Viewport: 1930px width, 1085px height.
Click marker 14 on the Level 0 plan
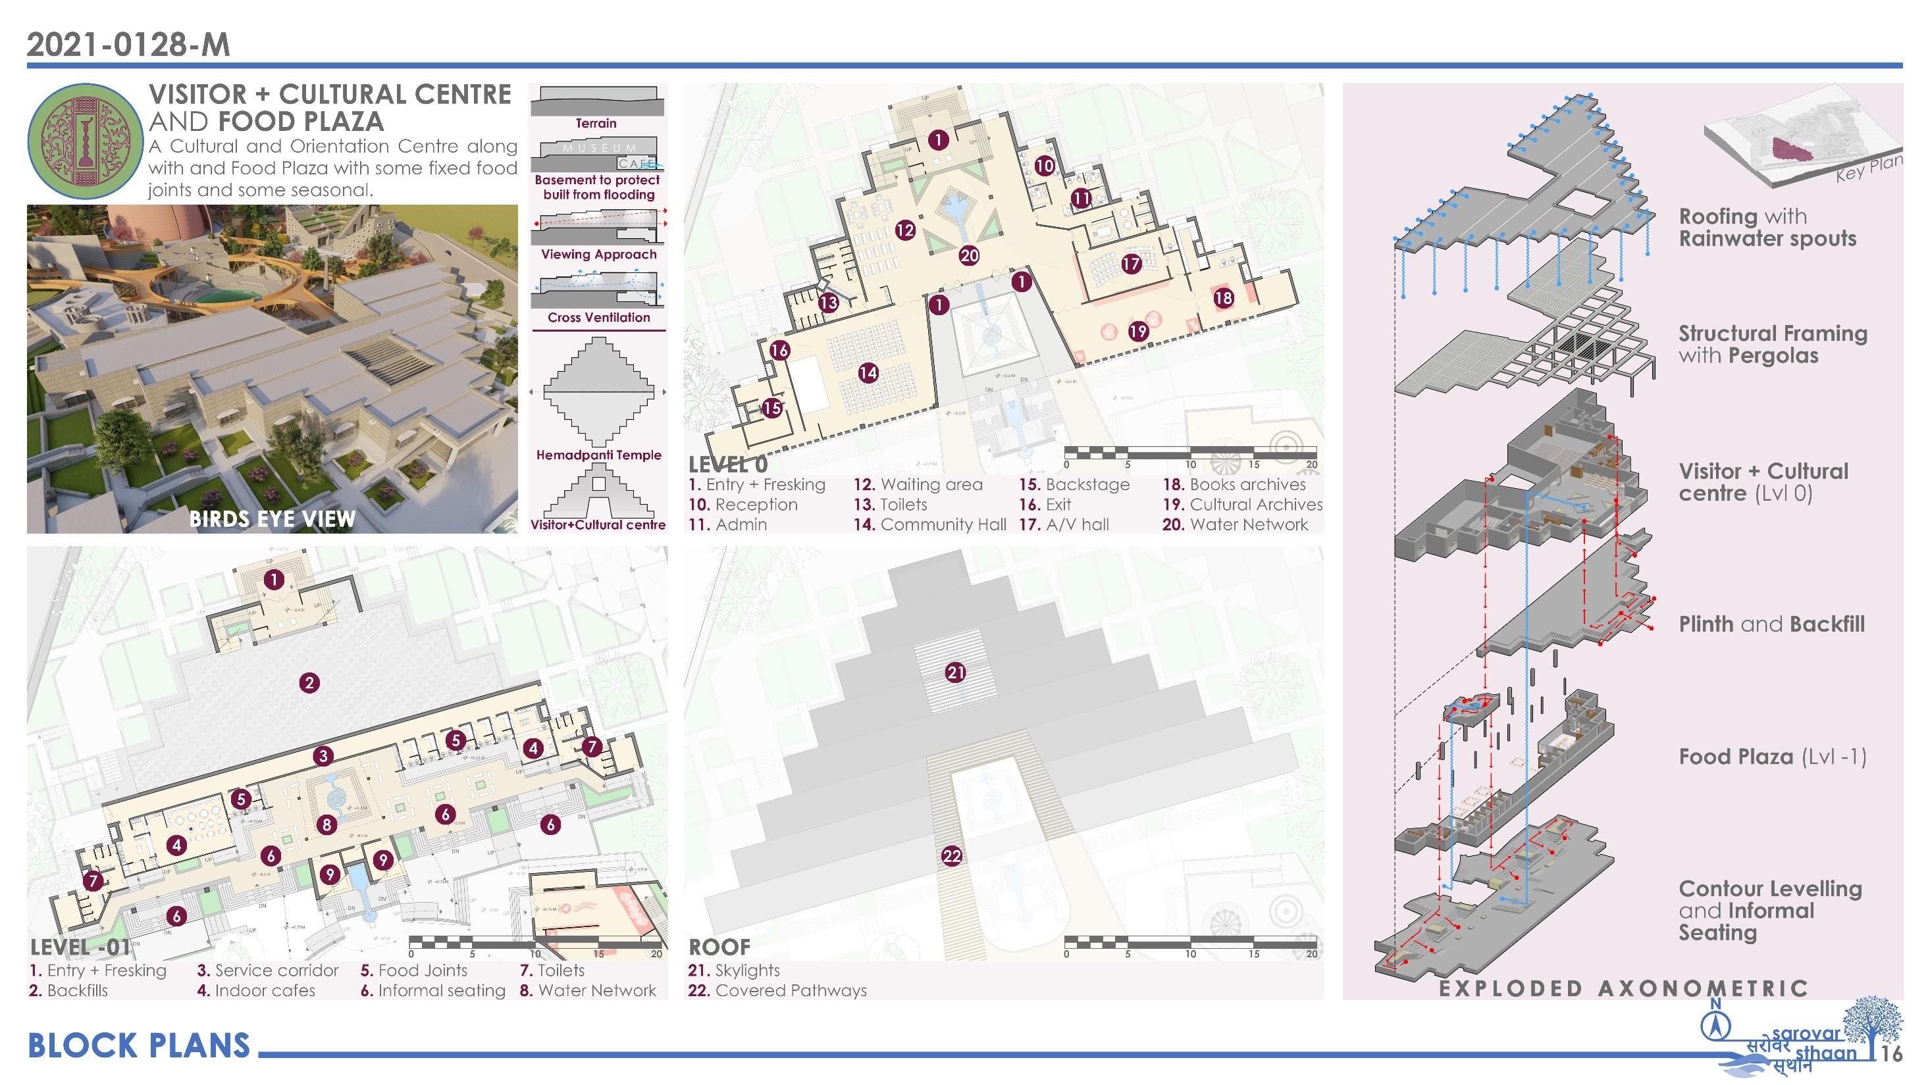click(868, 372)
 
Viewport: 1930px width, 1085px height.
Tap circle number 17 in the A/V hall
click(1131, 264)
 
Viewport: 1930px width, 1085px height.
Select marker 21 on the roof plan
click(955, 672)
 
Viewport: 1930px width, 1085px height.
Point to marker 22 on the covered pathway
click(952, 856)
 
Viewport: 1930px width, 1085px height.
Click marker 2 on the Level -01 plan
click(309, 682)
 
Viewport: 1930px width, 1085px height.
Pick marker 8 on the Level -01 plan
click(326, 825)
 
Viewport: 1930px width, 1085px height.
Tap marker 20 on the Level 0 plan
click(969, 255)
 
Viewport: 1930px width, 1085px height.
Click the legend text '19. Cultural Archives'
click(1242, 505)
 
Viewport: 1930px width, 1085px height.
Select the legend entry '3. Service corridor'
click(267, 971)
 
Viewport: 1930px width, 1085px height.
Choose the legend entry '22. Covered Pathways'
click(777, 991)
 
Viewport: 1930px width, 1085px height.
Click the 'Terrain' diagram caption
click(596, 124)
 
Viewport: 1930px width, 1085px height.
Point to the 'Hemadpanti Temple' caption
click(598, 455)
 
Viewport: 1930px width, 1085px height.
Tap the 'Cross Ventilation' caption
click(598, 318)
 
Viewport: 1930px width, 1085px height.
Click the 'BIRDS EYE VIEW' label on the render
click(272, 519)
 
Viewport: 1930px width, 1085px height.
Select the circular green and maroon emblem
click(85, 140)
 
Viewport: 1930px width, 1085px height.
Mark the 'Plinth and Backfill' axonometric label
click(1771, 624)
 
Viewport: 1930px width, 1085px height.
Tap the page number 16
click(1892, 1054)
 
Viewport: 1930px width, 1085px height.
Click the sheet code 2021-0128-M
click(128, 45)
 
